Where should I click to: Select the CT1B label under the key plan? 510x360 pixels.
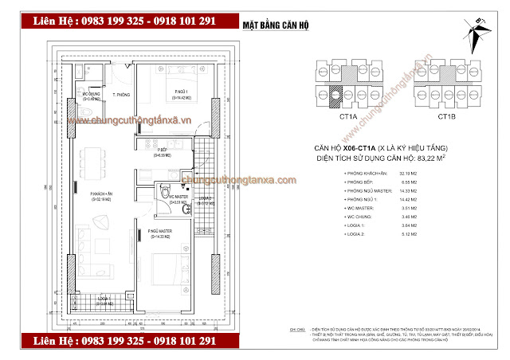(446, 117)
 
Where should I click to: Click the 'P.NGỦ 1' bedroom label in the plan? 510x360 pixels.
(182, 93)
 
